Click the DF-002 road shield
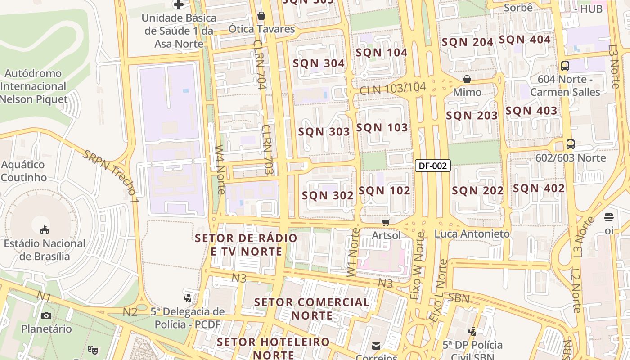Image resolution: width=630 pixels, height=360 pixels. pos(432,166)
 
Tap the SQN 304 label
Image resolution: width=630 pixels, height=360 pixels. pos(319,63)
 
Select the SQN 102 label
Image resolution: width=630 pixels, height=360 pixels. pos(384,190)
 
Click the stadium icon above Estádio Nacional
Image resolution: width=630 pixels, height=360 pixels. pos(45,230)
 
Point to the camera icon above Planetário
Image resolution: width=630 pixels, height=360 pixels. pos(46,315)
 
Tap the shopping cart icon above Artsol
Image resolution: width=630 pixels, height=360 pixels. pos(386,223)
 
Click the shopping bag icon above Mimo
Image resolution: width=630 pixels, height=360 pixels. pos(467,80)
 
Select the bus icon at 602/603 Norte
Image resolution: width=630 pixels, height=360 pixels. pos(570,144)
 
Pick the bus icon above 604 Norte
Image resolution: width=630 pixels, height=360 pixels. pos(565,66)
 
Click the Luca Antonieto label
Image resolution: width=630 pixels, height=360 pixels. pos(472,234)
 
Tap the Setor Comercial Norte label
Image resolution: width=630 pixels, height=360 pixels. pos(312,308)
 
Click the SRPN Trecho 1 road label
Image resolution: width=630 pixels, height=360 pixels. pos(110,173)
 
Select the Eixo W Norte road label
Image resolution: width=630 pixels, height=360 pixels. pos(417,265)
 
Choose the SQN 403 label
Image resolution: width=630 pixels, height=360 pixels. pos(531,110)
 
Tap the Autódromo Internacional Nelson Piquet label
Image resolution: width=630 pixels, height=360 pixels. pos(34,86)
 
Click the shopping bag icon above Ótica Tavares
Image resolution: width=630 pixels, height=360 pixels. pos(261,16)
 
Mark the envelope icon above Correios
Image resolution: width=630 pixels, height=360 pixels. pos(376,346)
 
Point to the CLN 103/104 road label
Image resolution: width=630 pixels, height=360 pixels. pos(392,89)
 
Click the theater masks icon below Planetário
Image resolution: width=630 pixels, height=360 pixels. pos(93,349)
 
